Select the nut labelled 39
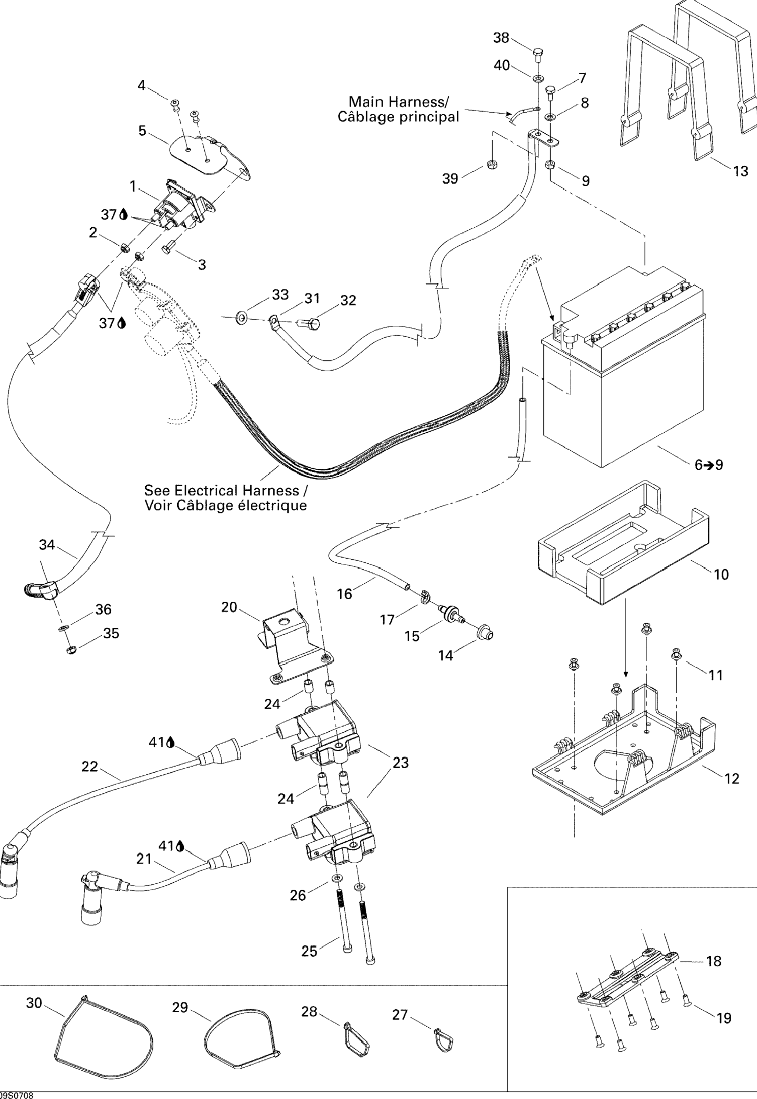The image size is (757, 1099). (x=492, y=166)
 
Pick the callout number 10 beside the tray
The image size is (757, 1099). (x=721, y=574)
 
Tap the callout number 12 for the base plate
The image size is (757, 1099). (x=732, y=778)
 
